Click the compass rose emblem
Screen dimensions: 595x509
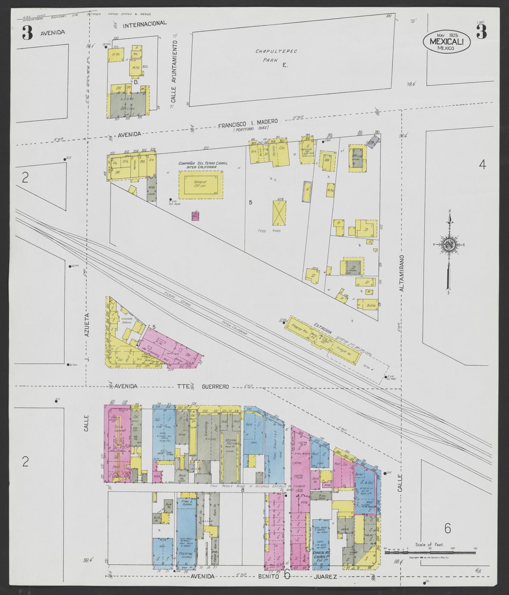coord(449,245)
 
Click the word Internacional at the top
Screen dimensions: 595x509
coord(145,24)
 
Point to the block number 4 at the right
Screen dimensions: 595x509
coord(482,164)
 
